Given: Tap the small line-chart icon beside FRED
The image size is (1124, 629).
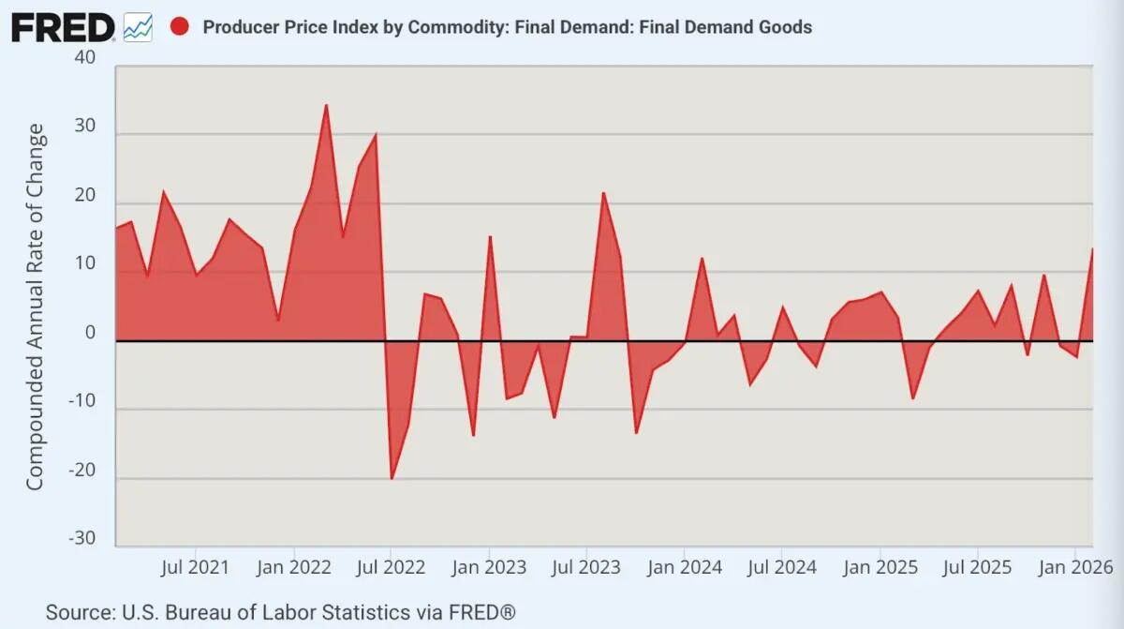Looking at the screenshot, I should click(138, 27).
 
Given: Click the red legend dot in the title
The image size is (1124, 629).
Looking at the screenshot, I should click(180, 26).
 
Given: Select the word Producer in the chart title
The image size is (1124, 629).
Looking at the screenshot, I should click(239, 27).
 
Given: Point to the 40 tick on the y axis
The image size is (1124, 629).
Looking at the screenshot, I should click(84, 58).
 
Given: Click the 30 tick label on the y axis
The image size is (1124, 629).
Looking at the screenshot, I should click(84, 127).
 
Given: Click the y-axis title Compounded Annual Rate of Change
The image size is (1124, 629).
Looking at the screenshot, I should click(35, 307).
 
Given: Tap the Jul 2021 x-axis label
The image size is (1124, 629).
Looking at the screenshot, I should click(195, 567).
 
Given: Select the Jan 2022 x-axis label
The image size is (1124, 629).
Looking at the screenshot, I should click(293, 567).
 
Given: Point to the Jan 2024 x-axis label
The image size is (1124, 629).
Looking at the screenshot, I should click(685, 567).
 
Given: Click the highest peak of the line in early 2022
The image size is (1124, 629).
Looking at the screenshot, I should click(326, 105).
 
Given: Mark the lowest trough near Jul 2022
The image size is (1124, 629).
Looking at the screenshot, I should click(392, 479).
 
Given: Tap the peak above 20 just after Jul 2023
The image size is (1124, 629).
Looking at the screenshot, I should click(603, 193).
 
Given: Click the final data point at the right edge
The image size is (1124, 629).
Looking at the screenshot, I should click(1092, 248).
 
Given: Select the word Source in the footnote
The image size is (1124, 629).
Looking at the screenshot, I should click(79, 613).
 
